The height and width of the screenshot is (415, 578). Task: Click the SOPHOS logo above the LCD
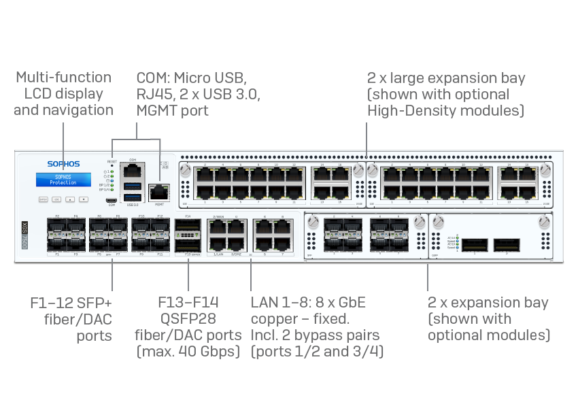point(63,164)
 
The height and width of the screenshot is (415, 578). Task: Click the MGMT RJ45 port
point(159,193)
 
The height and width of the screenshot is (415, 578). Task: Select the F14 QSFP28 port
point(188,226)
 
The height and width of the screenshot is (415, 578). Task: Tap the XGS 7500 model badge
point(24,235)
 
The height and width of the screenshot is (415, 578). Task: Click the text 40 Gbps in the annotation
point(211,352)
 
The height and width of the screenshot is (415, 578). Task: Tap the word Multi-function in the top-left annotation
point(63,77)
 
